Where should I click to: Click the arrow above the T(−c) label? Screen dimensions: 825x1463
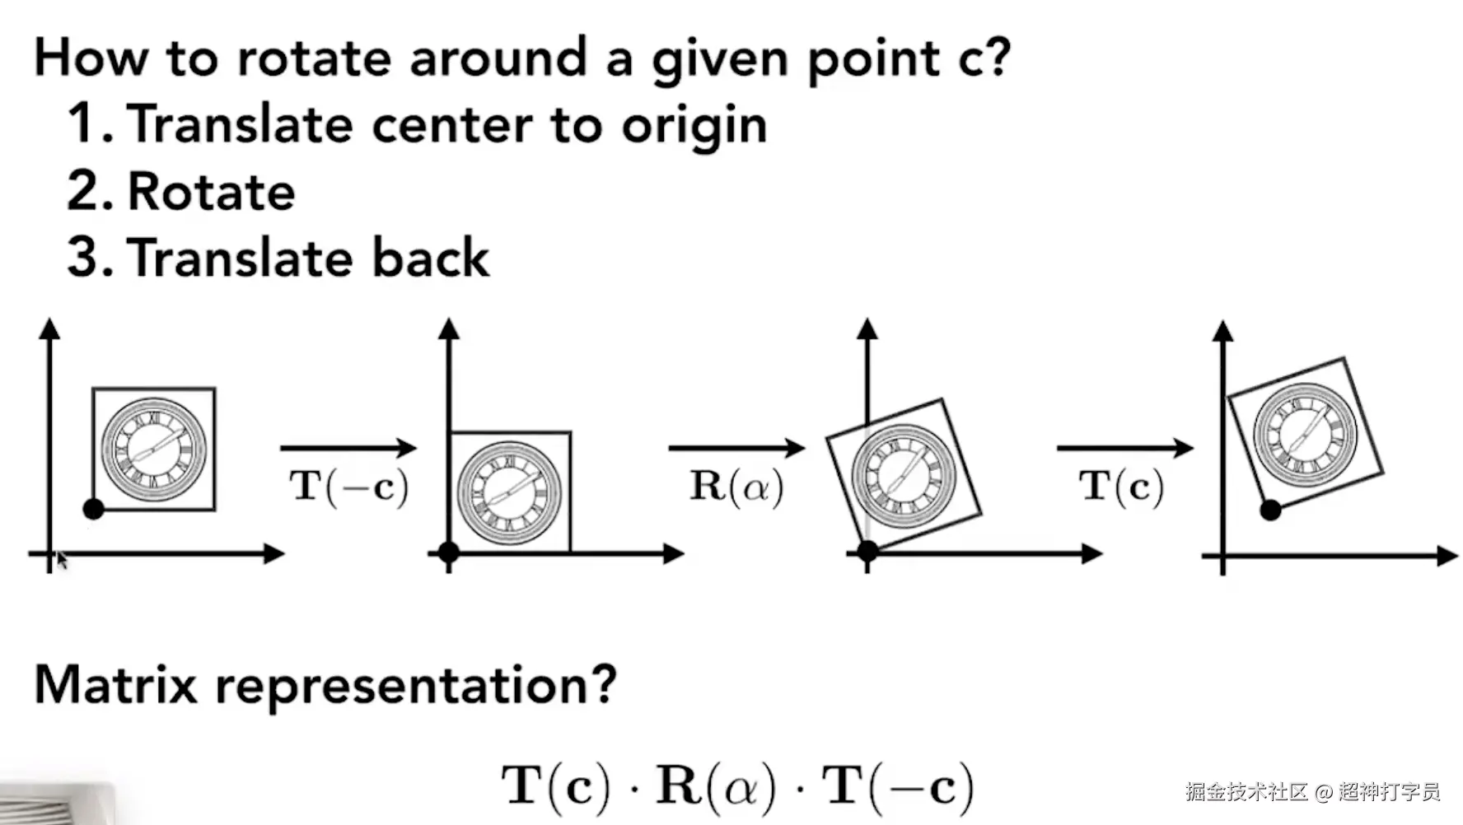point(348,448)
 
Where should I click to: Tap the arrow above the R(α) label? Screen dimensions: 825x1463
point(736,448)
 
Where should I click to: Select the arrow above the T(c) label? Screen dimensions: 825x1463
point(1124,448)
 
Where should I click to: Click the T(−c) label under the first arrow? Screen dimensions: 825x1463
point(349,487)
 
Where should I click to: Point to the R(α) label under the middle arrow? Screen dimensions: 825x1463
point(736,487)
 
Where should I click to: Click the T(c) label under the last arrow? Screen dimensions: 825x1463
point(1121,487)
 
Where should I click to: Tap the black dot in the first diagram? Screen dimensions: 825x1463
point(94,509)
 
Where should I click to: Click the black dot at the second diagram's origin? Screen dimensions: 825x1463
point(448,552)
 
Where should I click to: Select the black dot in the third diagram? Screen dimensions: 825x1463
point(867,551)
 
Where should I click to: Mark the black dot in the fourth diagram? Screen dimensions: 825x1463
point(1270,510)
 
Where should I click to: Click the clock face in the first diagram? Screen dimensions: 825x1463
point(154,450)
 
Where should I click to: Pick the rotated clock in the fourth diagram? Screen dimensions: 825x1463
point(1305,434)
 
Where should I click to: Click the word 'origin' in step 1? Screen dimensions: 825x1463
point(694,126)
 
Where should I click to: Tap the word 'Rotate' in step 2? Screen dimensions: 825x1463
point(212,192)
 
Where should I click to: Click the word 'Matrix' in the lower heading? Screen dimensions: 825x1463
point(115,685)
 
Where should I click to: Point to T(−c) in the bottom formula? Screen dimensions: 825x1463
point(898,786)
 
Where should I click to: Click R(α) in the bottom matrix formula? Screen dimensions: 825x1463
point(716,786)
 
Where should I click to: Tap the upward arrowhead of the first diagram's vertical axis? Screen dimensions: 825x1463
point(49,329)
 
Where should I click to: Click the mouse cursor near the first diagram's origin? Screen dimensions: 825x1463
point(61,560)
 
